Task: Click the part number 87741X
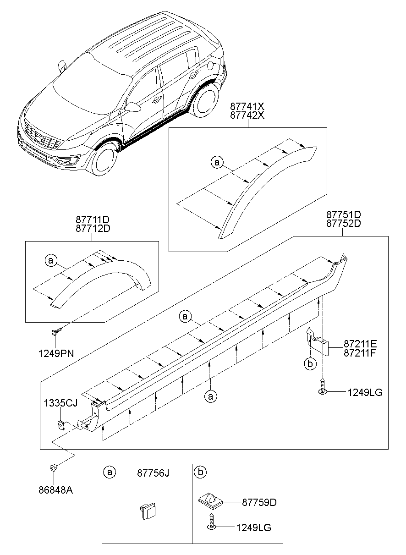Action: (247, 107)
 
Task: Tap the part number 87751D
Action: (343, 214)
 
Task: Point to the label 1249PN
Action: (55, 353)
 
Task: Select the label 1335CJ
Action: (61, 403)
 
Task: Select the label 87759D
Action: (259, 502)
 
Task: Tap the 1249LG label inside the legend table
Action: (253, 528)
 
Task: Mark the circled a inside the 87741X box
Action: (217, 162)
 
